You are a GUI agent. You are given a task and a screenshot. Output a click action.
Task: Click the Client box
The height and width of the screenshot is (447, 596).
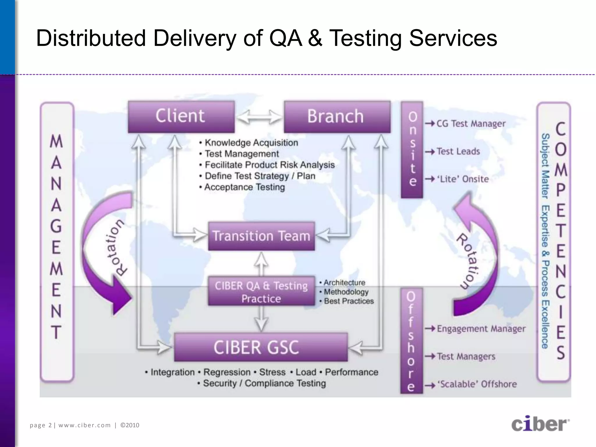[181, 116]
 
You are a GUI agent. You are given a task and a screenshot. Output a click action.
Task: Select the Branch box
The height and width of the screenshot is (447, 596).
[337, 117]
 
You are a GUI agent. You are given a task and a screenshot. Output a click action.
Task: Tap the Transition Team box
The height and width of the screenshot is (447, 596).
[261, 236]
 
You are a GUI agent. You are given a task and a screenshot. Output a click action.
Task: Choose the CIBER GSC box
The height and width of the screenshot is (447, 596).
[261, 347]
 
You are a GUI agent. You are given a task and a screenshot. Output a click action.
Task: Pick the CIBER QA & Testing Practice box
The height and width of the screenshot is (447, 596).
[261, 292]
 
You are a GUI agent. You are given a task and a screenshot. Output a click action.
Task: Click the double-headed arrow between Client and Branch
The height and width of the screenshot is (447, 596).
[259, 117]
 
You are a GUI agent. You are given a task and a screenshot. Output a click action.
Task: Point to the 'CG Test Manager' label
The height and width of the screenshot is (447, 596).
[471, 124]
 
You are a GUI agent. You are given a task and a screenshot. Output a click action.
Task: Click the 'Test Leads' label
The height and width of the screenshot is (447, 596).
[458, 151]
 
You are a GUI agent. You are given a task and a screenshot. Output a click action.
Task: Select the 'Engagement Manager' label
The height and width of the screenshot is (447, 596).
[481, 329]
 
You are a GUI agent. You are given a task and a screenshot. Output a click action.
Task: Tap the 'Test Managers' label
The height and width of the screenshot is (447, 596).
[466, 356]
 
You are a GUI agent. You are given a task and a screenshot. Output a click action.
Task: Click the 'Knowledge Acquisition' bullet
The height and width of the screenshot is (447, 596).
[251, 143]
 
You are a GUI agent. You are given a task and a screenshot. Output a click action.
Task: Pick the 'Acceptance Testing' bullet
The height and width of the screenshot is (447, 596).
[244, 187]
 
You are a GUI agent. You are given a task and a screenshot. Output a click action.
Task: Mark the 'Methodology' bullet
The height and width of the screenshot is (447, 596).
[346, 292]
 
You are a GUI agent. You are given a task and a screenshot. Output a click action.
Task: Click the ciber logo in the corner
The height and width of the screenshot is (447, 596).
[540, 424]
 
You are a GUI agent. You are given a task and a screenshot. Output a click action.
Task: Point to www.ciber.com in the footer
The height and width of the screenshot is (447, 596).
[84, 425]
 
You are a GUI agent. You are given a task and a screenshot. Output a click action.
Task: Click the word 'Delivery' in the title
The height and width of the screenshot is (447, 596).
[194, 38]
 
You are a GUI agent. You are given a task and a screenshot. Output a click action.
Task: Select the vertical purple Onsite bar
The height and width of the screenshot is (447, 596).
[412, 150]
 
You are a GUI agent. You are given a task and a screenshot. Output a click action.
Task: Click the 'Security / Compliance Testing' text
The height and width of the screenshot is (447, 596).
[264, 383]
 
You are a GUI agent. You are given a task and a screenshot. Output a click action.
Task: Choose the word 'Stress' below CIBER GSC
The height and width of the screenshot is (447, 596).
[272, 372]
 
